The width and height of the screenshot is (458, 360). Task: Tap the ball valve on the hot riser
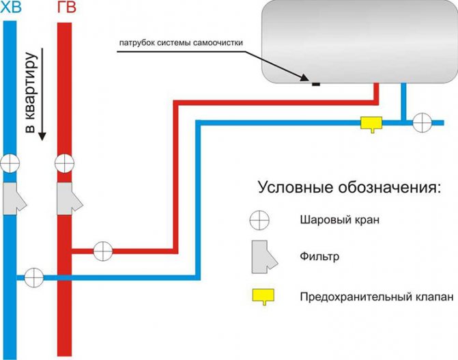point(64,164)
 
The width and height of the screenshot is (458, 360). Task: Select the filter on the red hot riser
point(69,197)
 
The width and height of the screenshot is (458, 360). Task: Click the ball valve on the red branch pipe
point(102,250)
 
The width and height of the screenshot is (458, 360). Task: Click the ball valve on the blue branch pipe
point(33,277)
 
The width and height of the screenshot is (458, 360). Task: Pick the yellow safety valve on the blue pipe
point(371,123)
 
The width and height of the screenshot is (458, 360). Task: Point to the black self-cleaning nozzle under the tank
point(315,85)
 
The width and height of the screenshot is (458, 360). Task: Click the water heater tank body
point(355,41)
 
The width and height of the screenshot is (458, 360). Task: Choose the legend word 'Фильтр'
point(319,257)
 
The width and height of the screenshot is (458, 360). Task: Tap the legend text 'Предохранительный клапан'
point(366,296)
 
